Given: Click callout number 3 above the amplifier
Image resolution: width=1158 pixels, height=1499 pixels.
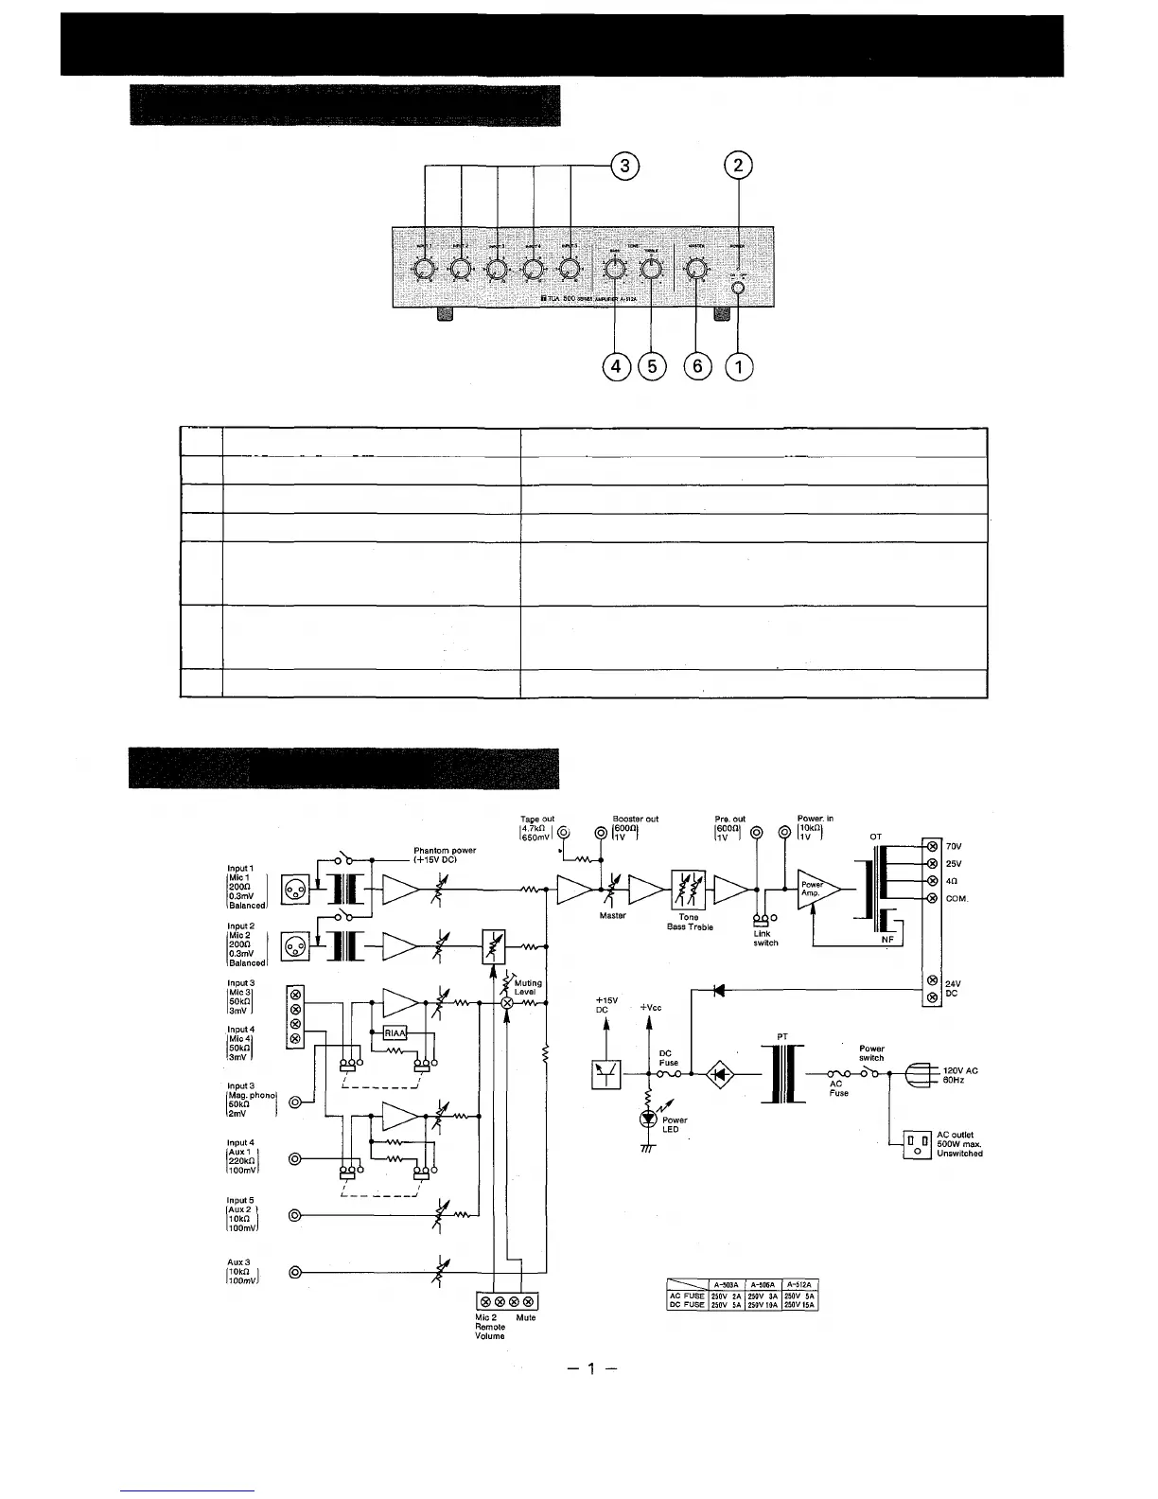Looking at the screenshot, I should (624, 166).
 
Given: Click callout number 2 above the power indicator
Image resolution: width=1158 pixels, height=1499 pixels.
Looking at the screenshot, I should (738, 166).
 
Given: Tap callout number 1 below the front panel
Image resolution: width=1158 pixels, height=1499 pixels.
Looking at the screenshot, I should (738, 365).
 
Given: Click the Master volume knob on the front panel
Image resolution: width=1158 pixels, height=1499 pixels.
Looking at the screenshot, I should (696, 271).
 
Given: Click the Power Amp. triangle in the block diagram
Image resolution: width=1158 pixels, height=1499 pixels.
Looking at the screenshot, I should (814, 890).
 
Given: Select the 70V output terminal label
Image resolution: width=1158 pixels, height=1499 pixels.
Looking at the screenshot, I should (954, 846).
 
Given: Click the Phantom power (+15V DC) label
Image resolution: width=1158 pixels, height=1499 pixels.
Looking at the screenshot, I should (445, 855).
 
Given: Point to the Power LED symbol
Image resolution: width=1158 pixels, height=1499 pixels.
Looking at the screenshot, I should (649, 1117).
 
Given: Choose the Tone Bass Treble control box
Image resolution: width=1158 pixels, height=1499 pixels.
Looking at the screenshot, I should (688, 890).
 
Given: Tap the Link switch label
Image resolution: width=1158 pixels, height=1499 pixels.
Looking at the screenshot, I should (764, 938).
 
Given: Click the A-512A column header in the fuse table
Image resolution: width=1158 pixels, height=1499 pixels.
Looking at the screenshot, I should (799, 1284).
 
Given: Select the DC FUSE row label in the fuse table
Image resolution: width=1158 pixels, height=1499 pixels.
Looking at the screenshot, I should (687, 1305).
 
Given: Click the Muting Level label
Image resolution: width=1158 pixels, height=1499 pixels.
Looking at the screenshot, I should (527, 987).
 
